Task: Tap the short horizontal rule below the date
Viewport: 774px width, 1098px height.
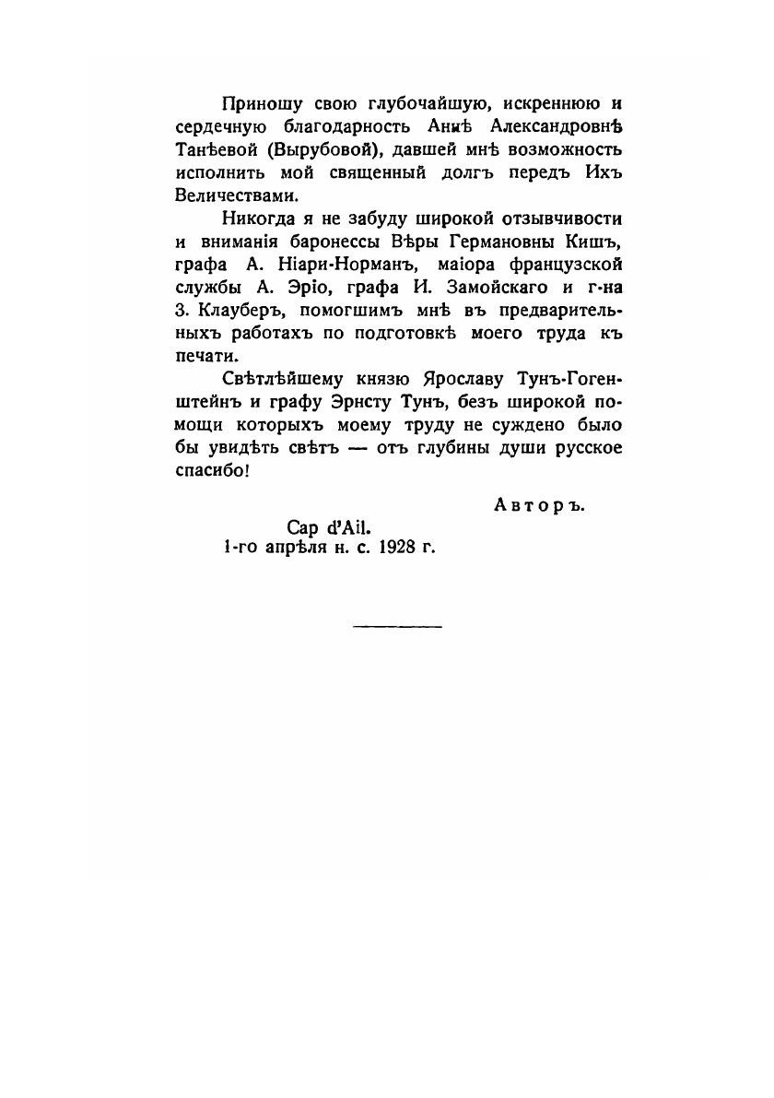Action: pos(397,628)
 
